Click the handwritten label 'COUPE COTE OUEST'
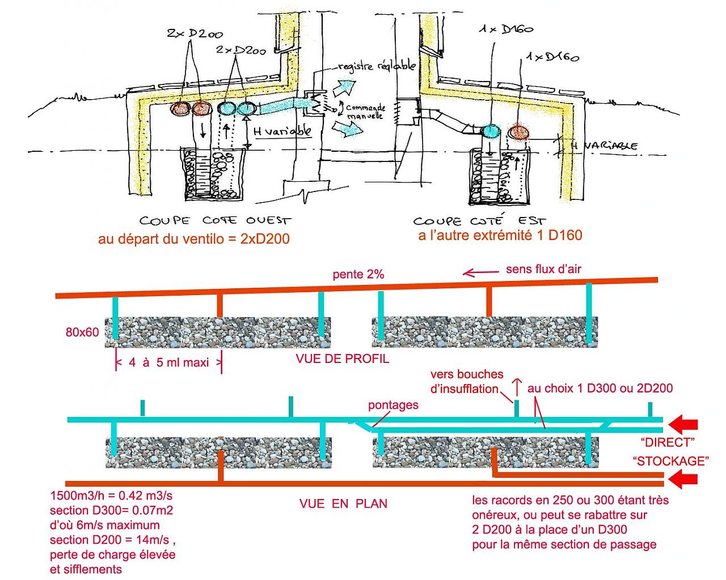[216, 220]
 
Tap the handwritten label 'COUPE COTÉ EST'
[479, 220]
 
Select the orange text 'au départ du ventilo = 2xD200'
[194, 239]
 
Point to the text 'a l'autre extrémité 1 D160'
[500, 236]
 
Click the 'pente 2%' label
[358, 275]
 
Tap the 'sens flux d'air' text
[543, 269]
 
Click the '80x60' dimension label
[82, 332]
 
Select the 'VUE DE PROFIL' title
[343, 359]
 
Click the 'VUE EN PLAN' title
[343, 503]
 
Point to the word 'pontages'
[393, 405]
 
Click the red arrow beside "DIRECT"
[683, 424]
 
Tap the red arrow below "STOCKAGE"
[683, 481]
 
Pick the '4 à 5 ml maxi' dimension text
[168, 362]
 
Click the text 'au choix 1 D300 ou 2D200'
[600, 389]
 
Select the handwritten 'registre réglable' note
[377, 67]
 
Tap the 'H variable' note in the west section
[282, 131]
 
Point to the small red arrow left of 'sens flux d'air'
[476, 273]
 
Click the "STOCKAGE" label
[671, 460]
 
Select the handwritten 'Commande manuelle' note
[364, 111]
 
